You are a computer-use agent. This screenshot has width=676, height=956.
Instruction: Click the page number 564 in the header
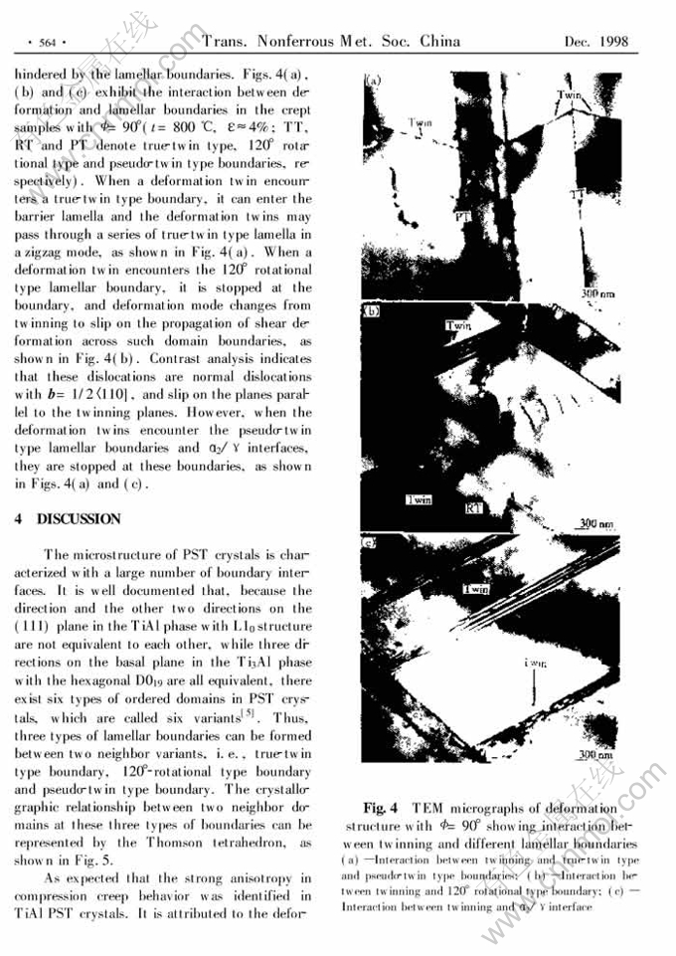tap(46, 42)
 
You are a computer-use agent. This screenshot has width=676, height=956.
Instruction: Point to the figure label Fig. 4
tap(381, 809)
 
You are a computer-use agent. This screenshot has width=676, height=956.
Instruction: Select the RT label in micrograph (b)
tap(475, 507)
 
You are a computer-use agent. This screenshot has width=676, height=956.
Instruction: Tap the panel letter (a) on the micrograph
tap(375, 78)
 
